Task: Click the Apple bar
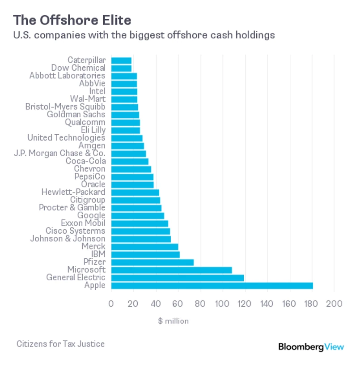[x=212, y=286]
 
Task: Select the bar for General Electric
[x=177, y=278]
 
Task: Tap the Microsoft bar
[x=171, y=270]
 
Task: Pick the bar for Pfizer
[x=152, y=262]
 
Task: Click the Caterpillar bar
[x=121, y=60]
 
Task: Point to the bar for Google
[x=137, y=216]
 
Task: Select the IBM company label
[x=98, y=255]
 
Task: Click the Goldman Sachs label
[x=76, y=115]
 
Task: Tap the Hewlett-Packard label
[x=73, y=192]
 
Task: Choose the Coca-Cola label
[x=85, y=161]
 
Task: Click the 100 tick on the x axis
[x=222, y=304]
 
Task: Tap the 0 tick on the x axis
[x=111, y=304]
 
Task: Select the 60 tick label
[x=178, y=304]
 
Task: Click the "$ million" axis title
[x=173, y=321]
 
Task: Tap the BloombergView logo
[x=310, y=347]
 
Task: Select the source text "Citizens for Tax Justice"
[x=60, y=344]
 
